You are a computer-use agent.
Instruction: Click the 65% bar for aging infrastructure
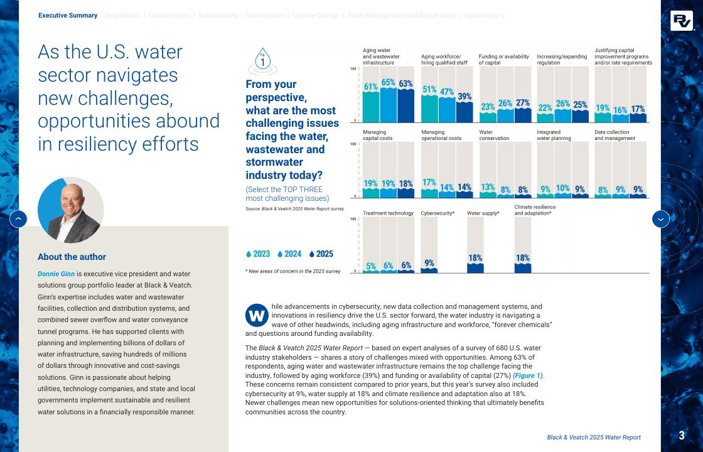(x=389, y=104)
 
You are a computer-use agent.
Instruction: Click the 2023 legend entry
(x=258, y=254)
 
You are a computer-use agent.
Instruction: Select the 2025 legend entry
(x=321, y=254)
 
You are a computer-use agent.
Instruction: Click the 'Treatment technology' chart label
(x=388, y=213)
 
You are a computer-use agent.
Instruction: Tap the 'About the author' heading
(x=72, y=257)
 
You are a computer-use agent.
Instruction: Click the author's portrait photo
(x=70, y=210)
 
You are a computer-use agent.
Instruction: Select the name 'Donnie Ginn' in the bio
(x=56, y=274)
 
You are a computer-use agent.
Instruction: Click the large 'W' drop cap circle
(x=257, y=315)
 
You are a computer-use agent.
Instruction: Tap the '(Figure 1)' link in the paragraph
(x=528, y=375)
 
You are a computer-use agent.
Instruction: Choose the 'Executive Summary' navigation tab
(x=68, y=16)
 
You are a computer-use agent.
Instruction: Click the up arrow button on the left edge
(x=18, y=219)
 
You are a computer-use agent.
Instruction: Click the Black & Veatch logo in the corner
(x=681, y=21)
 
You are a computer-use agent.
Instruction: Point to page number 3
(x=682, y=436)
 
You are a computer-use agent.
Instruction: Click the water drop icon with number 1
(x=262, y=61)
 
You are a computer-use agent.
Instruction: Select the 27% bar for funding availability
(x=523, y=114)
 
